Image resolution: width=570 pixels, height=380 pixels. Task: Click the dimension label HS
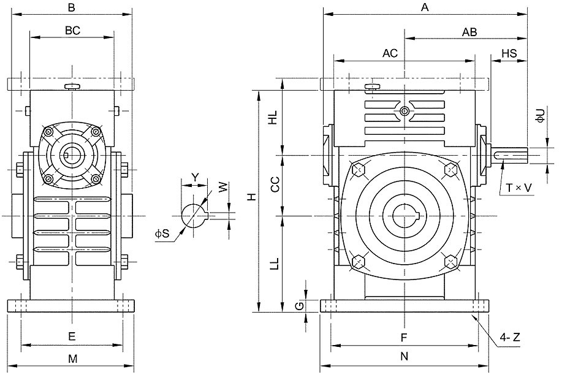tap(509, 53)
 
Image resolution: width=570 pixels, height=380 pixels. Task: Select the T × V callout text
tap(519, 188)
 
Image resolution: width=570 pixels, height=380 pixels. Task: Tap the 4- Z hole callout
tap(510, 338)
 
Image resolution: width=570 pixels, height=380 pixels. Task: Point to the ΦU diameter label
tap(541, 115)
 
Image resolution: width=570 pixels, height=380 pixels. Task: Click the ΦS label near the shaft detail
tap(162, 233)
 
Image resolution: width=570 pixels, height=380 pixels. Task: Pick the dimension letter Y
tap(196, 177)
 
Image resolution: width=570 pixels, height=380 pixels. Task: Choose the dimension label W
tap(223, 188)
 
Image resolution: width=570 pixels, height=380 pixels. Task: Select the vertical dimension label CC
tap(275, 184)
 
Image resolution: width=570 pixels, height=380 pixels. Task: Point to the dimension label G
tap(298, 306)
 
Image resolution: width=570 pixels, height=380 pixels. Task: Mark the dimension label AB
tap(469, 32)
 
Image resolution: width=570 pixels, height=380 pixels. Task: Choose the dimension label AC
tap(390, 53)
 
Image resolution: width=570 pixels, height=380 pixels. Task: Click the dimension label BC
tap(72, 31)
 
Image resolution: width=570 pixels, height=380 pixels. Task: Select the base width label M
tap(73, 359)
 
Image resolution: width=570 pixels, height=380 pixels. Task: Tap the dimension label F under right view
tap(404, 338)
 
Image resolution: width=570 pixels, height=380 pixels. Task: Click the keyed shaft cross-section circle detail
tap(194, 216)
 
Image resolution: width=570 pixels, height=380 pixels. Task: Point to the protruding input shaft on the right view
tap(509, 155)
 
